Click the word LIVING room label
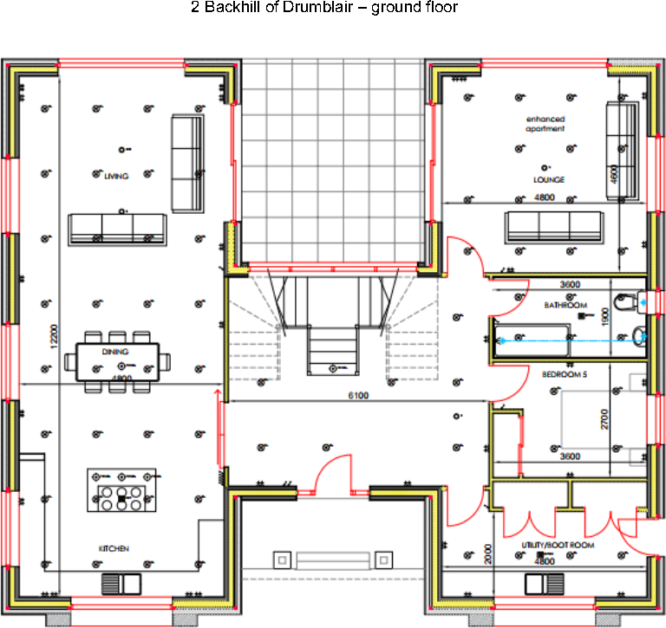115,176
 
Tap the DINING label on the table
115,353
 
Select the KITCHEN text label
114,549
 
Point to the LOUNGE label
549,180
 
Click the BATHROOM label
565,306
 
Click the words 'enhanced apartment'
545,124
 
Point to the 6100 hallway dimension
357,395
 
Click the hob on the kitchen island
121,498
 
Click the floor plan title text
323,8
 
